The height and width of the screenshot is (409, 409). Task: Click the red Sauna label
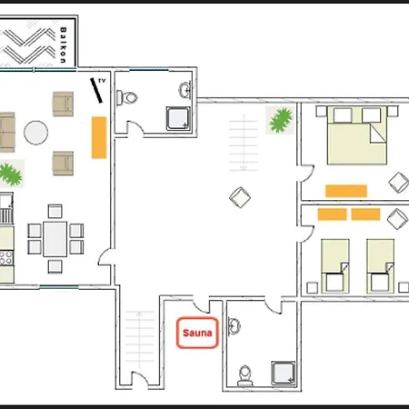197,333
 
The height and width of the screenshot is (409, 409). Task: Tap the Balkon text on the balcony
63,45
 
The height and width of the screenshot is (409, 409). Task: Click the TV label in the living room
102,81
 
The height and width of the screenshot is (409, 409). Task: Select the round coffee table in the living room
36,133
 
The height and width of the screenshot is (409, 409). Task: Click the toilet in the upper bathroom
127,97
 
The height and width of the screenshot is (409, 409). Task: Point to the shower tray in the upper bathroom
178,118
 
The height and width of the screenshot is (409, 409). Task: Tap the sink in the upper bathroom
185,90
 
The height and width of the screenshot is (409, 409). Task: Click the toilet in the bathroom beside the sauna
245,375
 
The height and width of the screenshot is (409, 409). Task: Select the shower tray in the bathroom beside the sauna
284,373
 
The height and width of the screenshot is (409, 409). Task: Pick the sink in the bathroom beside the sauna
234,326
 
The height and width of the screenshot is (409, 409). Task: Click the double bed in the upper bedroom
357,135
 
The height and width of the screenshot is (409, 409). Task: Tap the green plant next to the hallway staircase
281,120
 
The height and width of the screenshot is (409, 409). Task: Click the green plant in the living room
11,174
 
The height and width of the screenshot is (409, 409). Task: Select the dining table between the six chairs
55,239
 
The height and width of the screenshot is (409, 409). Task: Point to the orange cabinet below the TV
99,137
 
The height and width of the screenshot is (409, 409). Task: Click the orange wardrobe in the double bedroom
346,191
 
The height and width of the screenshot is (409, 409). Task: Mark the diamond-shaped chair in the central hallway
240,197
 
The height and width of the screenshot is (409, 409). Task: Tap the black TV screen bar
96,91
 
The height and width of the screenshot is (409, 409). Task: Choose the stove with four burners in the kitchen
6,258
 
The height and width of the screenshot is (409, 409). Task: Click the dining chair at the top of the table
55,211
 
